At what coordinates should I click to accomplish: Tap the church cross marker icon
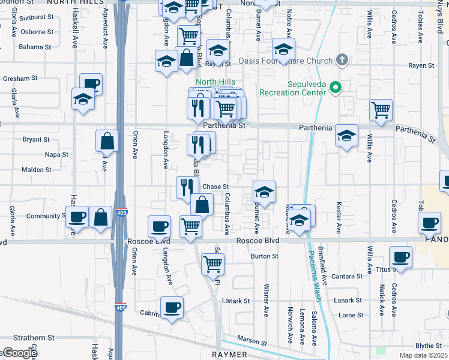(x=342, y=60)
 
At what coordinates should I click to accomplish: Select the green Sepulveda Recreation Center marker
(x=335, y=89)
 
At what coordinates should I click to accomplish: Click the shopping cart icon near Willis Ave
(x=381, y=110)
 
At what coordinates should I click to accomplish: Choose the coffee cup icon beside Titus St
(x=400, y=258)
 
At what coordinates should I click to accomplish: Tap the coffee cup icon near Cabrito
(x=172, y=308)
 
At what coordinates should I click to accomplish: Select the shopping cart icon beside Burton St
(x=212, y=263)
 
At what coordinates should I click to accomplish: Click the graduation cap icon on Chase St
(x=264, y=193)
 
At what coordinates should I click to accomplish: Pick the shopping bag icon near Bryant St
(x=107, y=142)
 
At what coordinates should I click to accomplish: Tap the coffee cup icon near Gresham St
(x=91, y=85)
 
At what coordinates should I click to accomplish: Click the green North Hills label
(x=214, y=82)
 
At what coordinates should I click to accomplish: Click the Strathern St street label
(x=35, y=338)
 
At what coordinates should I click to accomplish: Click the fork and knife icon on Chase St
(x=187, y=187)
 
